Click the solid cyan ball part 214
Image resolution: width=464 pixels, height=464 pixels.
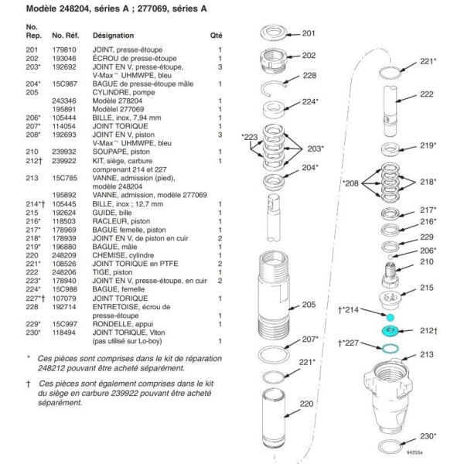tap(391, 316)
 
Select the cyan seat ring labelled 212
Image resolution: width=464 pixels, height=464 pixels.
tap(391, 332)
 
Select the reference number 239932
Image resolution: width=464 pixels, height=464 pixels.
tap(63, 152)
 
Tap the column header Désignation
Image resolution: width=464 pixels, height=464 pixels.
tap(113, 36)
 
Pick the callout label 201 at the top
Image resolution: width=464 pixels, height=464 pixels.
tap(309, 33)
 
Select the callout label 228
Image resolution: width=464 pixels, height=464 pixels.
tap(309, 76)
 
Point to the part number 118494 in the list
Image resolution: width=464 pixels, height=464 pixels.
tap(63, 333)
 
